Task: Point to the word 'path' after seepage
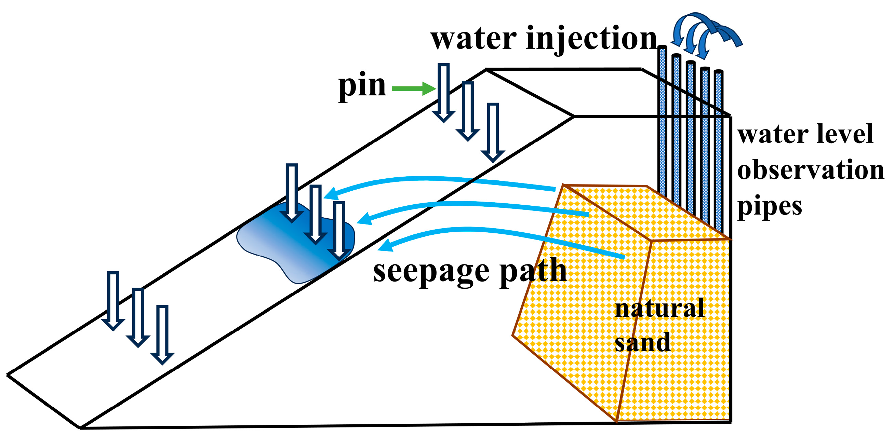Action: (533, 271)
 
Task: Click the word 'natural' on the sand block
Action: (659, 308)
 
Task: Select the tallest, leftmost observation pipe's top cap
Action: (662, 48)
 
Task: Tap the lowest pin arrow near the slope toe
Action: (162, 335)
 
